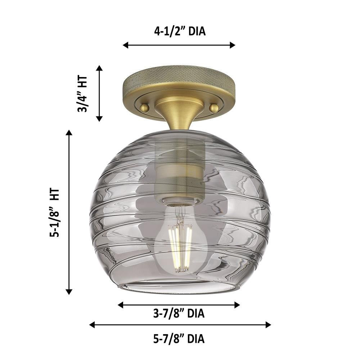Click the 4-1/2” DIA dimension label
180,31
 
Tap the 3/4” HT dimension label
82,94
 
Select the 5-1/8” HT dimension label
55,212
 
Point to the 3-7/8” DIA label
179,314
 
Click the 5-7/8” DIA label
179,339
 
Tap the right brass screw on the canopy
214,108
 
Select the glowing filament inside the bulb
180,247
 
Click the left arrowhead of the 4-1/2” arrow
125,45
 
